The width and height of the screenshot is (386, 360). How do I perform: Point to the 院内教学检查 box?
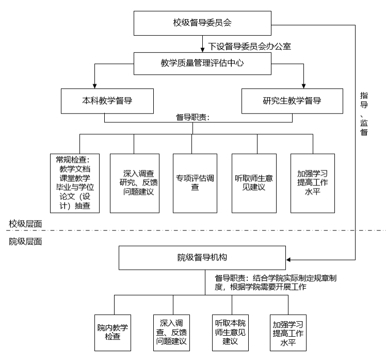[112, 332]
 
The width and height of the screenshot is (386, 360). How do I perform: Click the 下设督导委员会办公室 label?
[250, 46]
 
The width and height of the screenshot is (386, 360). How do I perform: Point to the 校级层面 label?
[25, 224]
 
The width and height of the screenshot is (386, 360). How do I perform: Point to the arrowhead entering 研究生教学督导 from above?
[304, 85]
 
